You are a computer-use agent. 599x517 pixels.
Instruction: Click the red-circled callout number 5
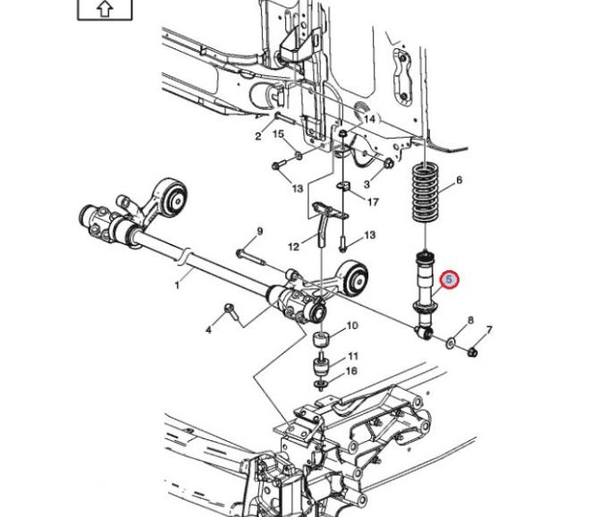(449, 280)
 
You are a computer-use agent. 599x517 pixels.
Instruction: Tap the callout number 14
(369, 119)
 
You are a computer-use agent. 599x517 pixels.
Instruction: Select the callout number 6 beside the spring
(459, 180)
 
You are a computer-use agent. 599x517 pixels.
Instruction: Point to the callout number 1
(177, 285)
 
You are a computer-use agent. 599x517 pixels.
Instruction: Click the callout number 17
(373, 201)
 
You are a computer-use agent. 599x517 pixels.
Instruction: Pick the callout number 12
(293, 247)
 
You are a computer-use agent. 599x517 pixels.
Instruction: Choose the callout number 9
(260, 231)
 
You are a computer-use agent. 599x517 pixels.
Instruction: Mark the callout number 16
(351, 370)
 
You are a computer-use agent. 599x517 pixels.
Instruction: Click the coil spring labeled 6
(426, 192)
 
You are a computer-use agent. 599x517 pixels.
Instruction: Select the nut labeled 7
(473, 352)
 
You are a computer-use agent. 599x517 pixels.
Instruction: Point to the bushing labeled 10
(322, 340)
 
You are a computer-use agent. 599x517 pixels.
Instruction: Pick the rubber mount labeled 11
(322, 368)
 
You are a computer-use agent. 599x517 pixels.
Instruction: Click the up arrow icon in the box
(105, 9)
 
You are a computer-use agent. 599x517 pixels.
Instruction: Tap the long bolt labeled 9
(251, 258)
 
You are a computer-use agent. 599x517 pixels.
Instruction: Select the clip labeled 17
(344, 186)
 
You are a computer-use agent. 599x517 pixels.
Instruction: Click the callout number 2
(258, 136)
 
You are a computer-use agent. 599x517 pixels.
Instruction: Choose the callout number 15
(278, 134)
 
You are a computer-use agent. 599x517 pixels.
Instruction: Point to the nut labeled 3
(388, 164)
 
